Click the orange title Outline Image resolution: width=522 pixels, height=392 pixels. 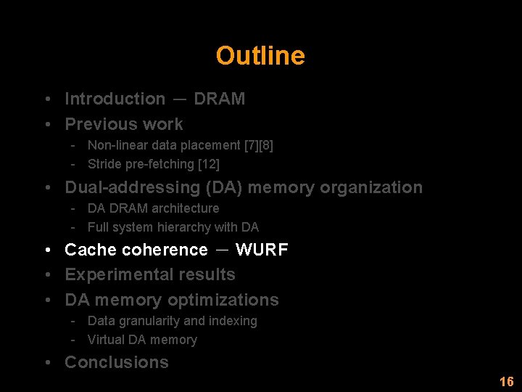pyautogui.click(x=260, y=56)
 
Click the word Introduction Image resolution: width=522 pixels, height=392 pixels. pyautogui.click(x=115, y=99)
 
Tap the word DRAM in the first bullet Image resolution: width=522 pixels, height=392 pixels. pyautogui.click(x=219, y=99)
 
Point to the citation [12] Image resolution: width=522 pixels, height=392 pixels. pyautogui.click(x=209, y=164)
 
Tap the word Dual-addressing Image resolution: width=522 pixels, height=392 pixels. pyautogui.click(x=133, y=187)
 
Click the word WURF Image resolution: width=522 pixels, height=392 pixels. pyautogui.click(x=262, y=250)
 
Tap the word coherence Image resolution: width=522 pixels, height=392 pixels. pyautogui.click(x=165, y=250)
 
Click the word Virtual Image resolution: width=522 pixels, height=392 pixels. pyautogui.click(x=106, y=340)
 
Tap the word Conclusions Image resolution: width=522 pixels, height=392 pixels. pyautogui.click(x=116, y=362)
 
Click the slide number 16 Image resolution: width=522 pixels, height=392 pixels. pyautogui.click(x=506, y=382)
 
